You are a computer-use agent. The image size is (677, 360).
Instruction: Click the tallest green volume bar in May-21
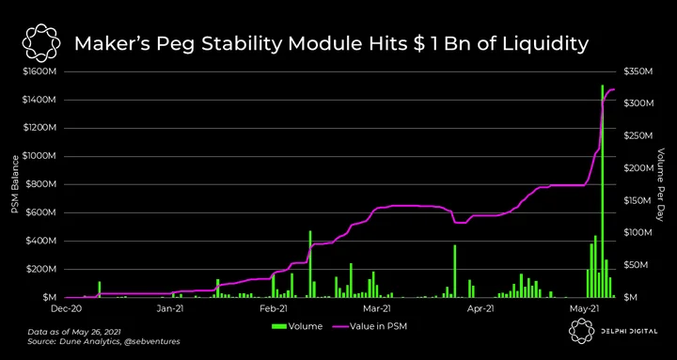603,191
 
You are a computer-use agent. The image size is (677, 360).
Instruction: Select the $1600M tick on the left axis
39,71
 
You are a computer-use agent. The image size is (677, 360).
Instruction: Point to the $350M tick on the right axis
638,71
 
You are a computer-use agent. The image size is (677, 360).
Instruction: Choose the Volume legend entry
297,326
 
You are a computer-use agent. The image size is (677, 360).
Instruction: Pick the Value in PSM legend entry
370,326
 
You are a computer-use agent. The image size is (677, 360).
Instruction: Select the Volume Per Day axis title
660,185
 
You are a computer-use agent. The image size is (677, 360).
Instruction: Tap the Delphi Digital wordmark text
629,332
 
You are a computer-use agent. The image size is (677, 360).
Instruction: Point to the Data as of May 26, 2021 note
74,333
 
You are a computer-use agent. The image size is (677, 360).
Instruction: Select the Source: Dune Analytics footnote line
103,341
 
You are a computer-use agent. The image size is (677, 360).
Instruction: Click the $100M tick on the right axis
638,233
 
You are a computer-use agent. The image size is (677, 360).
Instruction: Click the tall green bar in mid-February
310,264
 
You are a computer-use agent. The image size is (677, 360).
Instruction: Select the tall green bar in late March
455,272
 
